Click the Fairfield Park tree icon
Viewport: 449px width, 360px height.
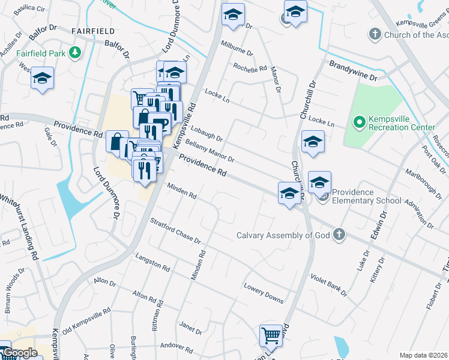(x=75, y=53)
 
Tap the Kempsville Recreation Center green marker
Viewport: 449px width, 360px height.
(x=360, y=123)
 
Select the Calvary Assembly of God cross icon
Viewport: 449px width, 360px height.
(x=339, y=235)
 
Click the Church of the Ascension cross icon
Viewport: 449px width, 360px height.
(x=375, y=34)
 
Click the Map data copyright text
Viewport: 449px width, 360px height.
(x=424, y=355)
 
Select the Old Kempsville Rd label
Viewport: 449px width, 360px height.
(x=87, y=320)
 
